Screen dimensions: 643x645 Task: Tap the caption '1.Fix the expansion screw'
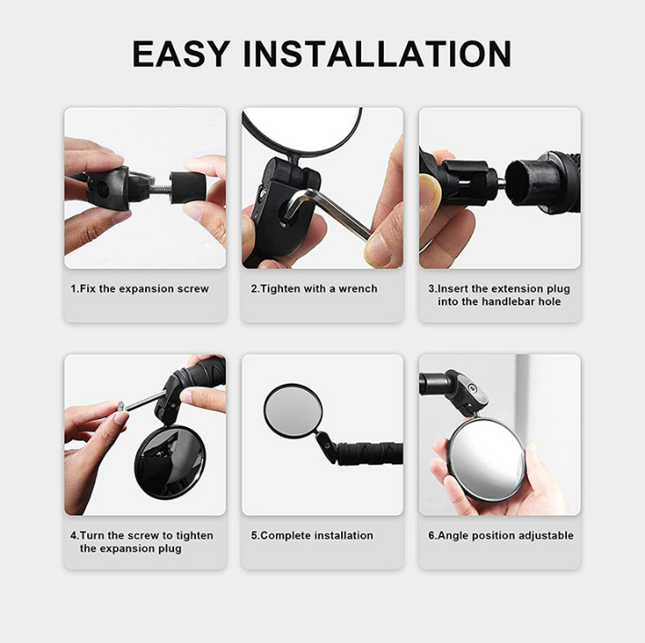pyautogui.click(x=140, y=288)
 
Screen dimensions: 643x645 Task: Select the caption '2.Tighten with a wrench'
pyautogui.click(x=314, y=288)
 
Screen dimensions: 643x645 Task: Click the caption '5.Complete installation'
pyautogui.click(x=312, y=535)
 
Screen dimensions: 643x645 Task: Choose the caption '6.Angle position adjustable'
pyautogui.click(x=501, y=535)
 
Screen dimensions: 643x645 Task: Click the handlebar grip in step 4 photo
pyautogui.click(x=203, y=374)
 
